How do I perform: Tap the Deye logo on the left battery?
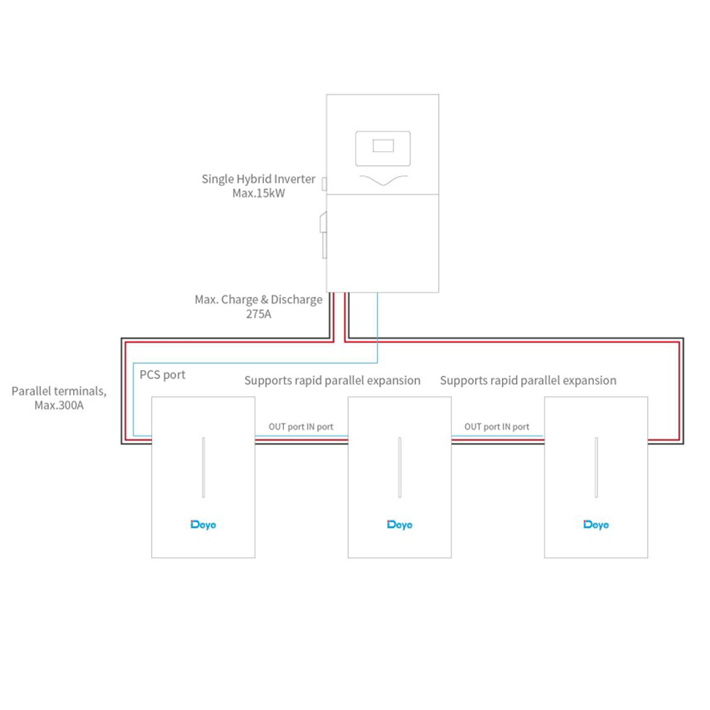[203, 525]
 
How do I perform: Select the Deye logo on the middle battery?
[400, 525]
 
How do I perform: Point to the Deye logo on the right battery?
[596, 525]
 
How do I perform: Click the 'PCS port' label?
[163, 375]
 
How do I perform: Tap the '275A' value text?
[258, 314]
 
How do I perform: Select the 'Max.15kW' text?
[258, 193]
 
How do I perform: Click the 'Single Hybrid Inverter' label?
[258, 179]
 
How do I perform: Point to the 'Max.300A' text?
[59, 405]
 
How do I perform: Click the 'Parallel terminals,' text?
[59, 391]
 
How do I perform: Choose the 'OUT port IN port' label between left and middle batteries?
[301, 427]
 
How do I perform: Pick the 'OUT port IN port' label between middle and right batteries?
[497, 427]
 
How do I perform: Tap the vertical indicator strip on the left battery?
[204, 467]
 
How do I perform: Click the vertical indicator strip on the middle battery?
[400, 467]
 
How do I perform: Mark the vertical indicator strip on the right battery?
[596, 467]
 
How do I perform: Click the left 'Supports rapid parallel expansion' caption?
[332, 381]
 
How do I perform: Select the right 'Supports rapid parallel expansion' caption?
[528, 381]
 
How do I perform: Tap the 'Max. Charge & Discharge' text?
[258, 300]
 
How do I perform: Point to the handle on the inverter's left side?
[324, 235]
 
